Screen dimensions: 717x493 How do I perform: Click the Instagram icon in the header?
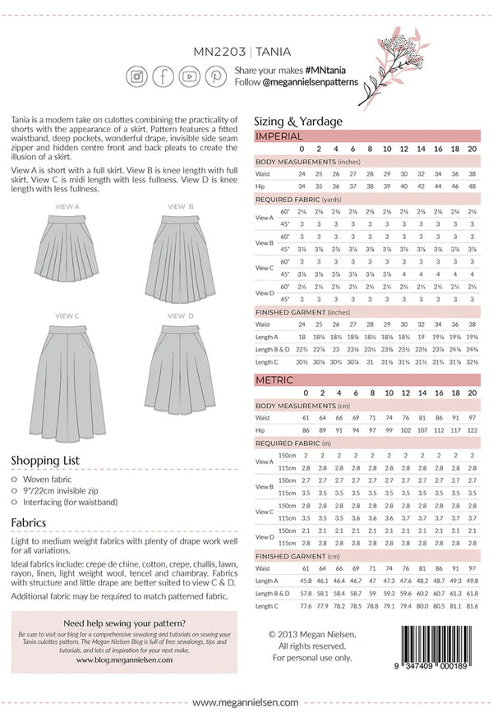point(136,76)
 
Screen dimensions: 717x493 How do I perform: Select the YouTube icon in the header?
point(189,76)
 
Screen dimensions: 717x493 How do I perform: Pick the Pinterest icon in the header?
point(216,76)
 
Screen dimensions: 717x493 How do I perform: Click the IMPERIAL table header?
point(279,136)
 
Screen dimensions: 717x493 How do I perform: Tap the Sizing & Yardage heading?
point(298,121)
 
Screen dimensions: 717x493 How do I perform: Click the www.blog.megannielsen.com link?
point(123,658)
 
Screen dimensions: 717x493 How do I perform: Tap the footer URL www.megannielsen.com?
point(246,702)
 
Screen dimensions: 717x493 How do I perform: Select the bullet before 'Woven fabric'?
point(15,479)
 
